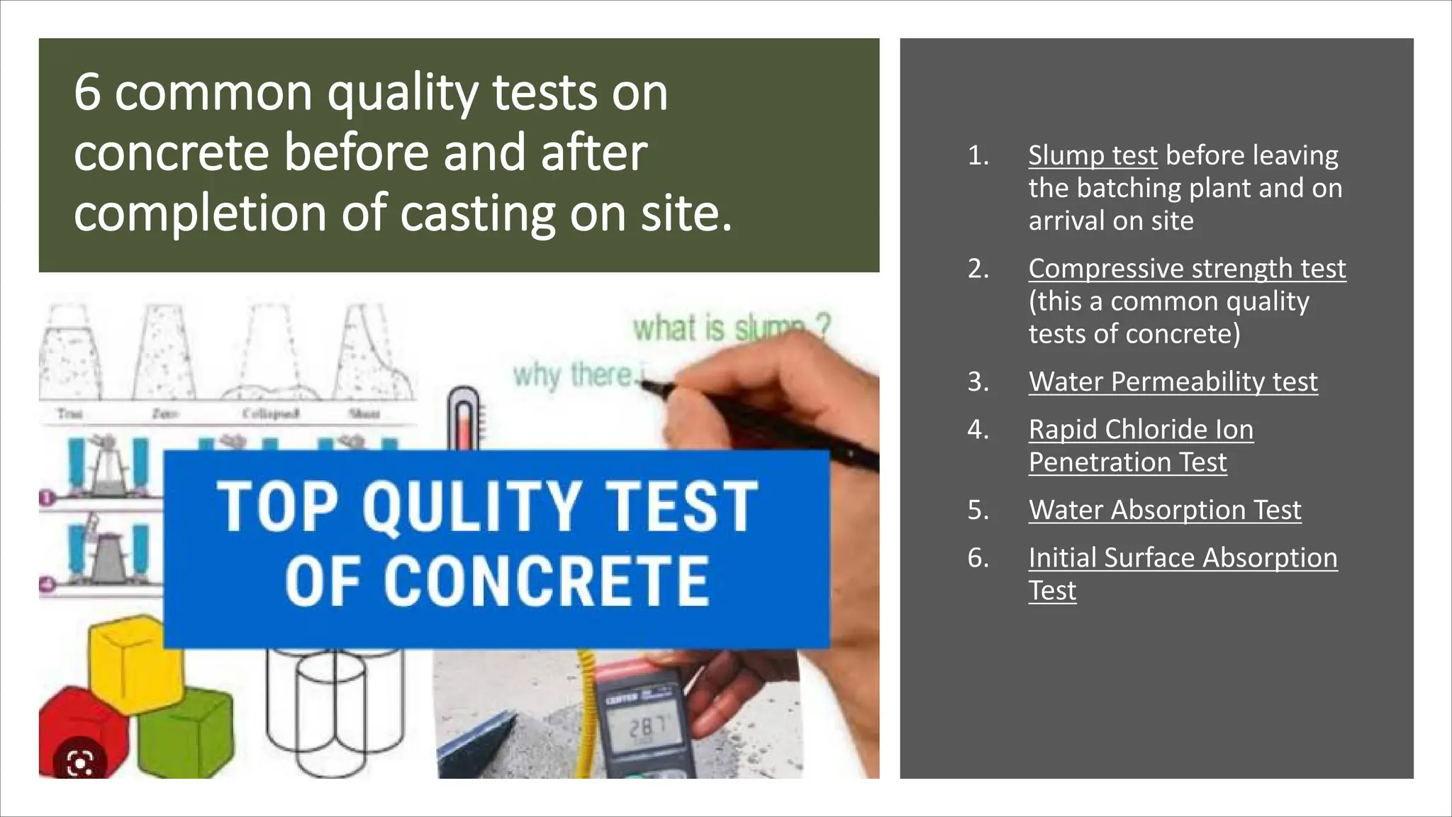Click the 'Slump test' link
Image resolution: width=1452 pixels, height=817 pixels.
1093,155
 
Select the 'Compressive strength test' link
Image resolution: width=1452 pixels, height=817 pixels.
1187,269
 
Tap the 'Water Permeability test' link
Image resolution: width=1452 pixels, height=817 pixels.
1173,382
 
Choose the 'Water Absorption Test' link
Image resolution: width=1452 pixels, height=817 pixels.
1164,510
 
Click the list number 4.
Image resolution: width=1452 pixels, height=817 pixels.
978,429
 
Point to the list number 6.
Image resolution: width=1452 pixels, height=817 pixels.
978,557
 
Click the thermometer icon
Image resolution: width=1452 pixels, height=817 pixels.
464,418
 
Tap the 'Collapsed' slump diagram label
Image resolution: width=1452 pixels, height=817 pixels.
270,413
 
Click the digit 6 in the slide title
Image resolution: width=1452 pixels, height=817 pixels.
86,92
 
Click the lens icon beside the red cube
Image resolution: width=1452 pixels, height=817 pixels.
79,763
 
